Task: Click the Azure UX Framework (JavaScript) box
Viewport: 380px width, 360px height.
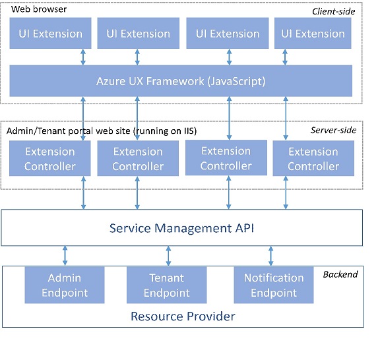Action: (x=181, y=81)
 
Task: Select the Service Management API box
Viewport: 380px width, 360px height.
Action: (x=181, y=228)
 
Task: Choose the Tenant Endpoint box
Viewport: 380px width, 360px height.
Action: (x=166, y=284)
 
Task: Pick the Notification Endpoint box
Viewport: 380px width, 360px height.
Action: (x=273, y=284)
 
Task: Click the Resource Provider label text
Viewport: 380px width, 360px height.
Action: (x=183, y=316)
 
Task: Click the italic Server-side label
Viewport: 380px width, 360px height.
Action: (x=333, y=131)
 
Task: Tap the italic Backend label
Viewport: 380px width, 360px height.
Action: (x=340, y=274)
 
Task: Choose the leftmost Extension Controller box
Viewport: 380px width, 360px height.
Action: (x=49, y=159)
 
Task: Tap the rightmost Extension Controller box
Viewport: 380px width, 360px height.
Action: (x=313, y=159)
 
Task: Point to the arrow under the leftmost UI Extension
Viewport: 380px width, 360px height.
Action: (x=83, y=57)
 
